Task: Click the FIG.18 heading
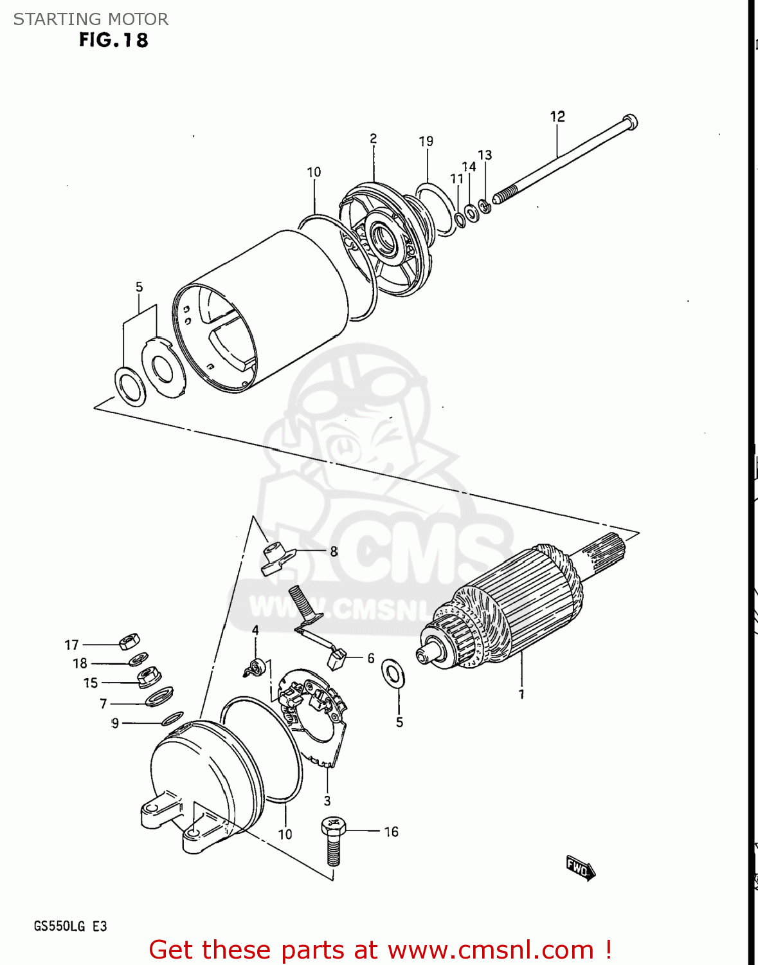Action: coord(113,40)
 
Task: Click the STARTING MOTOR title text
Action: coord(91,19)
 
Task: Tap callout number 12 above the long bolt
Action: coord(557,116)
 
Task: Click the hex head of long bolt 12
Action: coord(629,121)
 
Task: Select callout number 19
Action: coord(426,141)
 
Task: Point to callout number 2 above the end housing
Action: coord(373,138)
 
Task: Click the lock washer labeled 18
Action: coord(138,659)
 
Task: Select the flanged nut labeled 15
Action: coord(149,676)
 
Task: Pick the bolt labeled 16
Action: coord(333,839)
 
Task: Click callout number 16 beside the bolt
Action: coord(391,832)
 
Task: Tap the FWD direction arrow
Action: coord(580,868)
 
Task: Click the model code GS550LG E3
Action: coord(70,926)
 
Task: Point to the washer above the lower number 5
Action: coord(392,673)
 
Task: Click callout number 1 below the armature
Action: coord(521,694)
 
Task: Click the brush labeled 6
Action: coord(337,659)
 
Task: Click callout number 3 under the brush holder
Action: coord(327,800)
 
